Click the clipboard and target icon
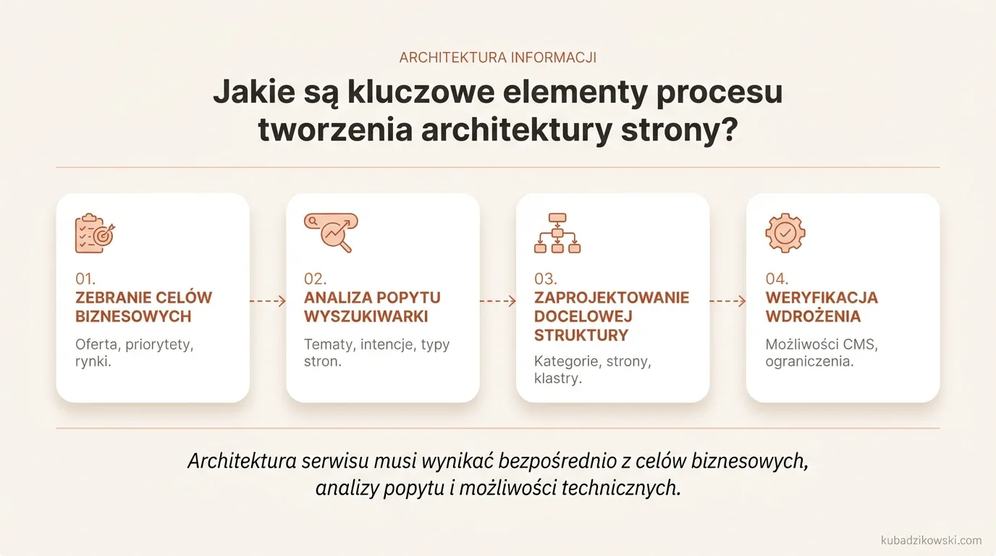95,233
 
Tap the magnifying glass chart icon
331,232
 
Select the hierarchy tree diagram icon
557,233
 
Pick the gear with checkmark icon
785,233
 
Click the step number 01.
85,279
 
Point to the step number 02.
315,279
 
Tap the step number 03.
545,279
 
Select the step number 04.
777,279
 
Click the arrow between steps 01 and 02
268,301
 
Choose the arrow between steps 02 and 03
497,301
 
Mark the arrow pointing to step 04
727,301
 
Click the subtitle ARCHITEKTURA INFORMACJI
498,58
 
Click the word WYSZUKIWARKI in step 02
366,316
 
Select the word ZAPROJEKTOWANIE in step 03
612,298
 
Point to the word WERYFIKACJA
822,298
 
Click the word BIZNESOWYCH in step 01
133,316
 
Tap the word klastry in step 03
557,379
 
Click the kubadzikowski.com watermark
931,540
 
